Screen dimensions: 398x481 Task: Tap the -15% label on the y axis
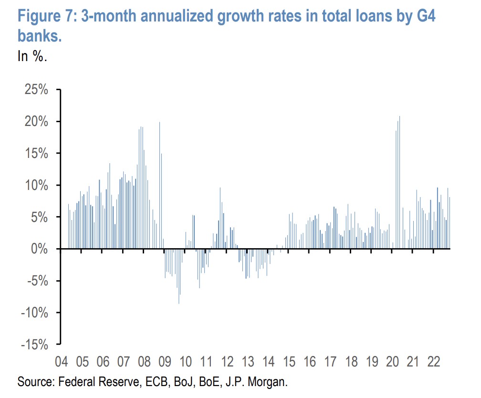[33, 344]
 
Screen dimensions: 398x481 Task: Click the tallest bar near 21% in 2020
[399, 181]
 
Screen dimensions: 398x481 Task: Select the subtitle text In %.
[32, 56]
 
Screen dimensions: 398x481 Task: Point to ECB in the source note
[157, 382]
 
